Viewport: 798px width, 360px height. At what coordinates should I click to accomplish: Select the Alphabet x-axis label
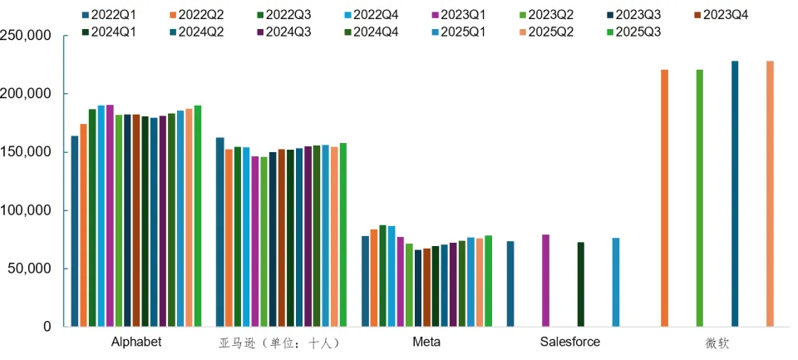pyautogui.click(x=135, y=342)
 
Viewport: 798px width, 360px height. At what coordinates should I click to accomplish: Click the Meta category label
pyautogui.click(x=426, y=342)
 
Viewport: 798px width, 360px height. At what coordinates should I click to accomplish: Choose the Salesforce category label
pyautogui.click(x=569, y=342)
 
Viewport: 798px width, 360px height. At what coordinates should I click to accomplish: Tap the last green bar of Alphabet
pyautogui.click(x=198, y=216)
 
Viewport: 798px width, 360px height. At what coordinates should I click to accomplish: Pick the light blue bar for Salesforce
pyautogui.click(x=616, y=283)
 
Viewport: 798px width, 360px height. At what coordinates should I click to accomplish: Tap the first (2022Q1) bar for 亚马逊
pyautogui.click(x=219, y=232)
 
